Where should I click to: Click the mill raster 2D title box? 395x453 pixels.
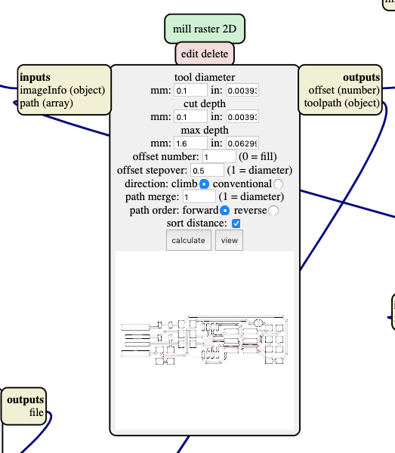(x=205, y=29)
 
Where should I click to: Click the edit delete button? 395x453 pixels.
(x=205, y=54)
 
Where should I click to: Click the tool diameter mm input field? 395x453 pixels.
(x=190, y=91)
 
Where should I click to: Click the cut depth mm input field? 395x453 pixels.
(x=190, y=117)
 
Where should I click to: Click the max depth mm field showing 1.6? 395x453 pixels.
(x=190, y=143)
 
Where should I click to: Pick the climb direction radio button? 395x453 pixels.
(x=204, y=184)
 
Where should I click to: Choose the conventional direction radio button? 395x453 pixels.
(x=279, y=184)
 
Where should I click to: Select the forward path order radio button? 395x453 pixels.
(x=224, y=211)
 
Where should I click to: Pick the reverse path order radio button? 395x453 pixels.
(x=273, y=211)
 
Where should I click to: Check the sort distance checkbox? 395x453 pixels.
(x=236, y=224)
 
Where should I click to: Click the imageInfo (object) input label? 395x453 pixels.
(x=62, y=91)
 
